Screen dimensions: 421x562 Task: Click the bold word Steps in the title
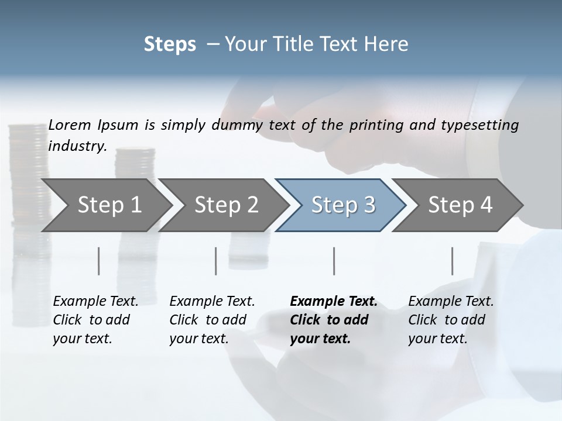click(x=170, y=44)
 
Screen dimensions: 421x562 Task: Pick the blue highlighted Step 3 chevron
click(x=343, y=205)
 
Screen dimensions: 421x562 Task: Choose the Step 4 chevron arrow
click(x=460, y=205)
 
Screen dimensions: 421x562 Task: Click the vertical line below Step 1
click(x=99, y=261)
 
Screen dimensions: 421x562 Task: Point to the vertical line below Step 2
click(x=216, y=261)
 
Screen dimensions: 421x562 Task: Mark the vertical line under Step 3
click(x=334, y=261)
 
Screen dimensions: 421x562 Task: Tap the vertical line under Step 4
click(x=452, y=261)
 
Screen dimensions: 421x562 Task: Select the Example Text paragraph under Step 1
click(x=95, y=320)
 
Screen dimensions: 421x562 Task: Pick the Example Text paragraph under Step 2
click(x=212, y=320)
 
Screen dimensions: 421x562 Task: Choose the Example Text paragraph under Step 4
click(x=451, y=320)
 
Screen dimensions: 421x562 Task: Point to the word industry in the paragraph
click(x=77, y=146)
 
